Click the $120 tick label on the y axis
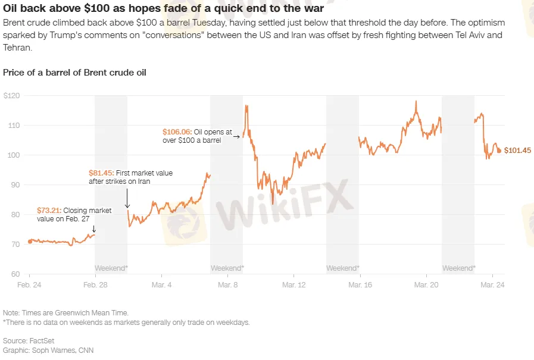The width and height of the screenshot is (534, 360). [11, 96]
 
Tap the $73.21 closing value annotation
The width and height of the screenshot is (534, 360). [49, 210]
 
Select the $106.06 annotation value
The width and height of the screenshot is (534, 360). [177, 132]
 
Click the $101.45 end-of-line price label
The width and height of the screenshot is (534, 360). [517, 151]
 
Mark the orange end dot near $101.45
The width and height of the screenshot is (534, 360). [499, 151]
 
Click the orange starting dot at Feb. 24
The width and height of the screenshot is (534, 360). [30, 242]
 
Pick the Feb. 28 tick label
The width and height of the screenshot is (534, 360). [95, 286]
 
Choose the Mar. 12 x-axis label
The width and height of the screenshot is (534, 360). [293, 286]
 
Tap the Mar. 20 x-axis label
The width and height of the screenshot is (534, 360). [426, 286]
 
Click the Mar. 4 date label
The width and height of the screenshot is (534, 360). [161, 286]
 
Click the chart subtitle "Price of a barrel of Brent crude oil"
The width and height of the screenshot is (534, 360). [75, 73]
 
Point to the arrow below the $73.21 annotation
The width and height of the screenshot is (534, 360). [93, 228]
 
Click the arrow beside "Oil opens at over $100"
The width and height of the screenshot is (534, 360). [236, 137]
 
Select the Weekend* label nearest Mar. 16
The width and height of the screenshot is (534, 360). [343, 268]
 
